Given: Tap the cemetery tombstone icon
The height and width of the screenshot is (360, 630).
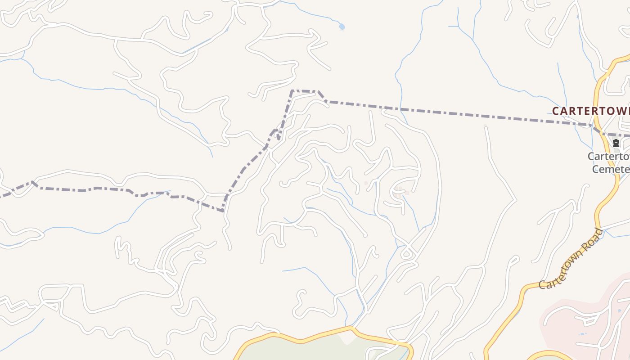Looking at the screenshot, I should (x=616, y=144).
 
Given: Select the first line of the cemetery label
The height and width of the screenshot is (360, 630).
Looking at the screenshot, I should (x=608, y=157).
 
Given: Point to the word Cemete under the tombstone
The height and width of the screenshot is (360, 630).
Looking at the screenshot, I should (x=610, y=169).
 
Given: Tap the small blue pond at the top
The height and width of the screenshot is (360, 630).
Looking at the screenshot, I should (x=342, y=27).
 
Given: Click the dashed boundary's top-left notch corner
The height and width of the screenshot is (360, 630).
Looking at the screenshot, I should (x=292, y=91).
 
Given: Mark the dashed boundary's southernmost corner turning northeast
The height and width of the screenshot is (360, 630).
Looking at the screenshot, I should (x=223, y=211).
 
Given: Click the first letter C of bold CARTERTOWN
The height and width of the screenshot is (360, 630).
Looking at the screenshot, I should (x=555, y=111).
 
